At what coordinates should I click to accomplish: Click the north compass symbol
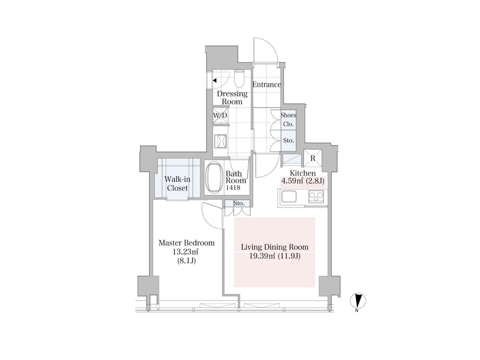pyautogui.click(x=358, y=301)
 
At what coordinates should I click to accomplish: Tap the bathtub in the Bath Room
pyautogui.click(x=214, y=177)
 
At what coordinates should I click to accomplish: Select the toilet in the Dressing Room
pyautogui.click(x=239, y=79)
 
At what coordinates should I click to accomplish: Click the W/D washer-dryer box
pyautogui.click(x=220, y=115)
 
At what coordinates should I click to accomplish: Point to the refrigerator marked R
pyautogui.click(x=312, y=158)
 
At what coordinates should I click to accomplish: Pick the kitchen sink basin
pyautogui.click(x=289, y=196)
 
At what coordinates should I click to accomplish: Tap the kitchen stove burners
pyautogui.click(x=316, y=196)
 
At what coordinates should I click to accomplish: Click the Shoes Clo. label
pyautogui.click(x=288, y=119)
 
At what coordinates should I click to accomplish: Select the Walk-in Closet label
pyautogui.click(x=177, y=183)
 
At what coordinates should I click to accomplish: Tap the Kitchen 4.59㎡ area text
pyautogui.click(x=292, y=181)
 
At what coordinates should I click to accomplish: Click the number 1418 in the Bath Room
pyautogui.click(x=233, y=187)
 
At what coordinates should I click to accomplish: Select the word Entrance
pyautogui.click(x=266, y=84)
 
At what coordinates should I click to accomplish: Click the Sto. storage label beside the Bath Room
pyautogui.click(x=239, y=203)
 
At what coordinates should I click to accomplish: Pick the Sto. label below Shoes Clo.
pyautogui.click(x=288, y=140)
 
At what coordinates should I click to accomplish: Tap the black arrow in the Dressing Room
pyautogui.click(x=214, y=80)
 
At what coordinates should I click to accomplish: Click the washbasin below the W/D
pyautogui.click(x=220, y=141)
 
